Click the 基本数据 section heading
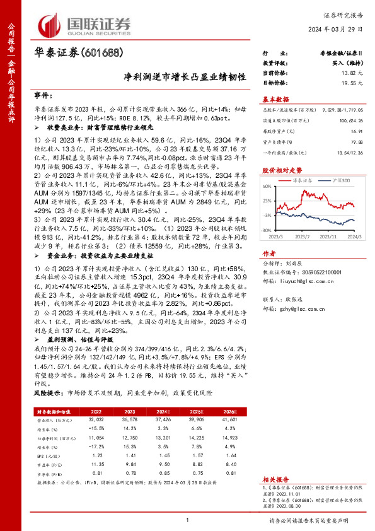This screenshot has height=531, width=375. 275,100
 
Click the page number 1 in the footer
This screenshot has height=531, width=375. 187,520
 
